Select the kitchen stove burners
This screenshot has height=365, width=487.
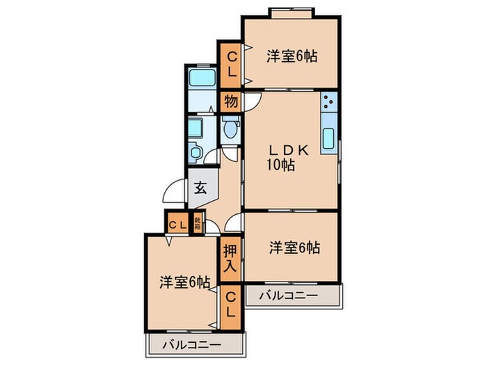click(x=328, y=104)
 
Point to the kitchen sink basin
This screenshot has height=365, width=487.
click(x=328, y=138)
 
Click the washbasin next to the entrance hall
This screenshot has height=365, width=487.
click(x=195, y=152)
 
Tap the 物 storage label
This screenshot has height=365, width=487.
click(x=231, y=102)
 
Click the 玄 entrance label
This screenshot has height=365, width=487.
click(x=200, y=187)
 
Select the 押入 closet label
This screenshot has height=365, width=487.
click(x=230, y=257)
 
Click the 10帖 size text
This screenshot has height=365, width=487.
click(x=280, y=165)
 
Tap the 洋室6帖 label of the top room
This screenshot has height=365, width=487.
click(x=292, y=57)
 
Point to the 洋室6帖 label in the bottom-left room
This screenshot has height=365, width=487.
click(x=184, y=282)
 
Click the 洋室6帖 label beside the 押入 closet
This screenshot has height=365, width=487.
click(x=295, y=247)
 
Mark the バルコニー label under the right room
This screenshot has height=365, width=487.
click(x=289, y=296)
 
